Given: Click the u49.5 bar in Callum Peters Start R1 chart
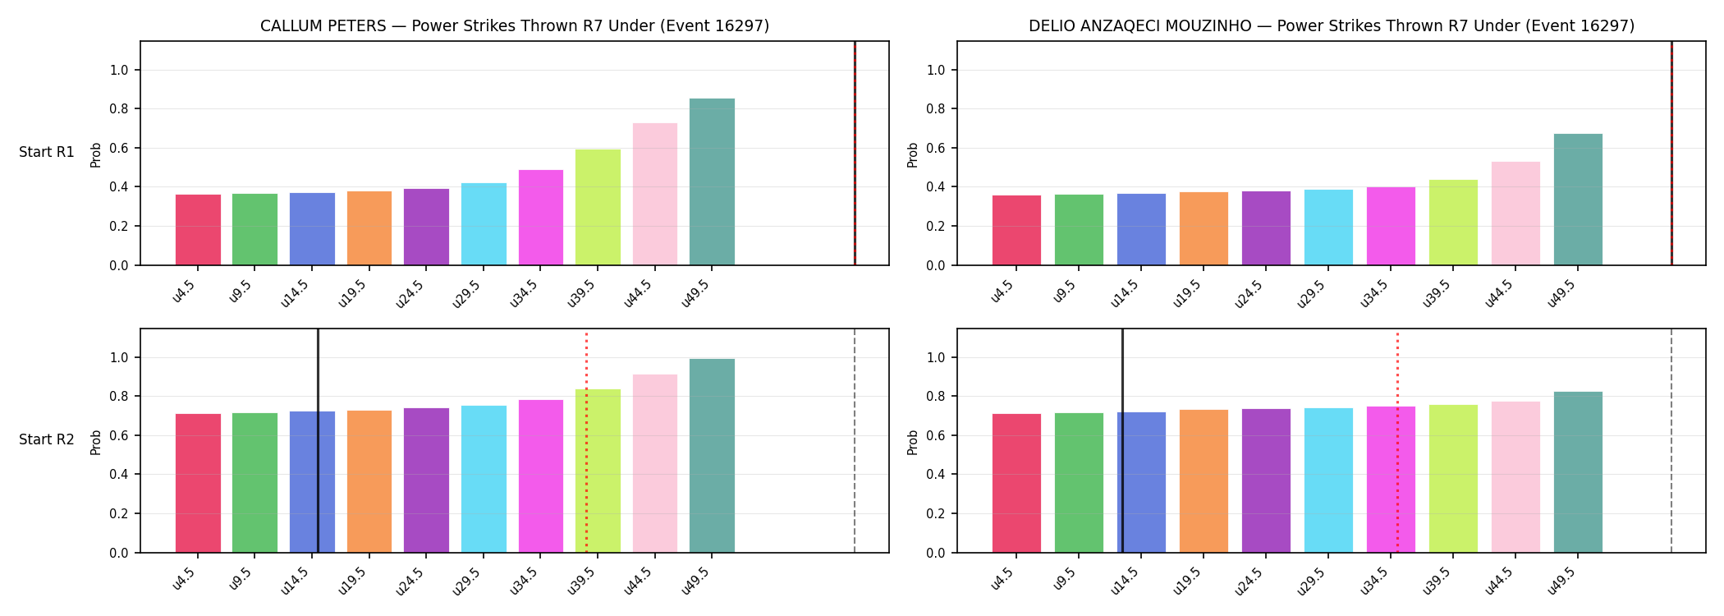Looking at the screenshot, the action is click(x=712, y=182).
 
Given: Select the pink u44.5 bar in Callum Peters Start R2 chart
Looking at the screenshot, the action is click(x=655, y=463).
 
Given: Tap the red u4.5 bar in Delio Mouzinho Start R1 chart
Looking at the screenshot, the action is click(x=1016, y=230).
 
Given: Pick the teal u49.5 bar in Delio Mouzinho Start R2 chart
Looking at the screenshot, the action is click(x=1578, y=472).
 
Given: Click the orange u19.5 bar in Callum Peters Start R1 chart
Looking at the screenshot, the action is click(x=369, y=228).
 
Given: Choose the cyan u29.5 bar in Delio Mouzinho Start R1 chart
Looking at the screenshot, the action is click(x=1328, y=228).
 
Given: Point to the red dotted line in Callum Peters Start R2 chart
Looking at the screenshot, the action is click(x=586, y=442).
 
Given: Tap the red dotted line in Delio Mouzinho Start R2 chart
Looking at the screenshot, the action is click(x=1397, y=442).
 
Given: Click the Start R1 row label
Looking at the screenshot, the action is click(x=47, y=152).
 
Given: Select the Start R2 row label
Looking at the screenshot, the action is click(x=47, y=439).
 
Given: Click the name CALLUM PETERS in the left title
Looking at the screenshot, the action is click(x=323, y=26).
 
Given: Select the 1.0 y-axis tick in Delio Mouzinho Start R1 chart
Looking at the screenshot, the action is click(x=937, y=70).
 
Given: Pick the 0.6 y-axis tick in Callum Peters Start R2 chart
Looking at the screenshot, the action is click(x=120, y=435).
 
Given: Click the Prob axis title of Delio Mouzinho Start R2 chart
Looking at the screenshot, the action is click(x=913, y=442).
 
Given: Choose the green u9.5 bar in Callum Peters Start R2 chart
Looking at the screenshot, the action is click(x=254, y=483).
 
